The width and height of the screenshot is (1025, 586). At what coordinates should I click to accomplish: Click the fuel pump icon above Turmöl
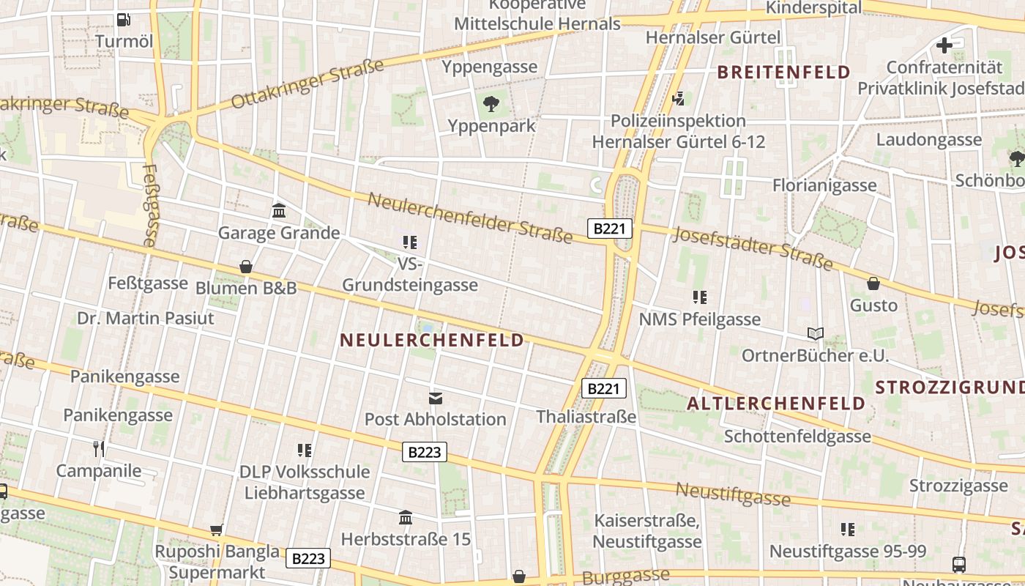[x=124, y=20]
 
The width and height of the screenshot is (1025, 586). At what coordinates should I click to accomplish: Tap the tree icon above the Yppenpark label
[x=491, y=104]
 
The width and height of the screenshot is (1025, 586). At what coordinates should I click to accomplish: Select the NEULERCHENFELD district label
[x=433, y=340]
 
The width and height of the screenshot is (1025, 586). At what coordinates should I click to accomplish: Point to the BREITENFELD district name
[x=783, y=72]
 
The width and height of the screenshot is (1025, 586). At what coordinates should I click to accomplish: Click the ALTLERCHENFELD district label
[x=777, y=404]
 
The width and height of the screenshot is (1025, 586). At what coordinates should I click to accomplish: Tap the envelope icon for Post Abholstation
[x=436, y=398]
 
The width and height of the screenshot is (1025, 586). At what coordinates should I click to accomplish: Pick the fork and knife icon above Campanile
[x=99, y=448]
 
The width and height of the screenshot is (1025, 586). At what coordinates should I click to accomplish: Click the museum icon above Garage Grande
[x=279, y=211]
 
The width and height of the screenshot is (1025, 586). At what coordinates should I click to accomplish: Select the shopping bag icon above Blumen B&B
[x=246, y=267]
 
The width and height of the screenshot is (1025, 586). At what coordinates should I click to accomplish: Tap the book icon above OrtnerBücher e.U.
[x=815, y=334]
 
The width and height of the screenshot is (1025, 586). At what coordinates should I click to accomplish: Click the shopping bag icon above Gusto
[x=873, y=283]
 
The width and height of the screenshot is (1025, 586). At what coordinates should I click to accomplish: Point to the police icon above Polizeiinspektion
[x=679, y=98]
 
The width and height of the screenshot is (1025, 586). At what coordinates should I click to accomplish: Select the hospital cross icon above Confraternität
[x=944, y=45]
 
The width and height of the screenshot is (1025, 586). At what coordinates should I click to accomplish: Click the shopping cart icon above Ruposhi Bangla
[x=216, y=530]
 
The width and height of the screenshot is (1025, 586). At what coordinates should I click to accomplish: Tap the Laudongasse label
[x=928, y=139]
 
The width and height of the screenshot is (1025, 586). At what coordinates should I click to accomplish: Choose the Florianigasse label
[x=824, y=185]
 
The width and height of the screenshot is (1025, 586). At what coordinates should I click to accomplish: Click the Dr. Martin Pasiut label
[x=146, y=318]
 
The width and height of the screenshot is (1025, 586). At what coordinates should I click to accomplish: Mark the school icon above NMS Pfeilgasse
[x=699, y=297]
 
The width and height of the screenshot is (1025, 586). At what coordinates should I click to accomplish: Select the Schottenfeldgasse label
[x=797, y=437]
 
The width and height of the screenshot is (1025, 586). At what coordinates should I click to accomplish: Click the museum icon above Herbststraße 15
[x=406, y=518]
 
